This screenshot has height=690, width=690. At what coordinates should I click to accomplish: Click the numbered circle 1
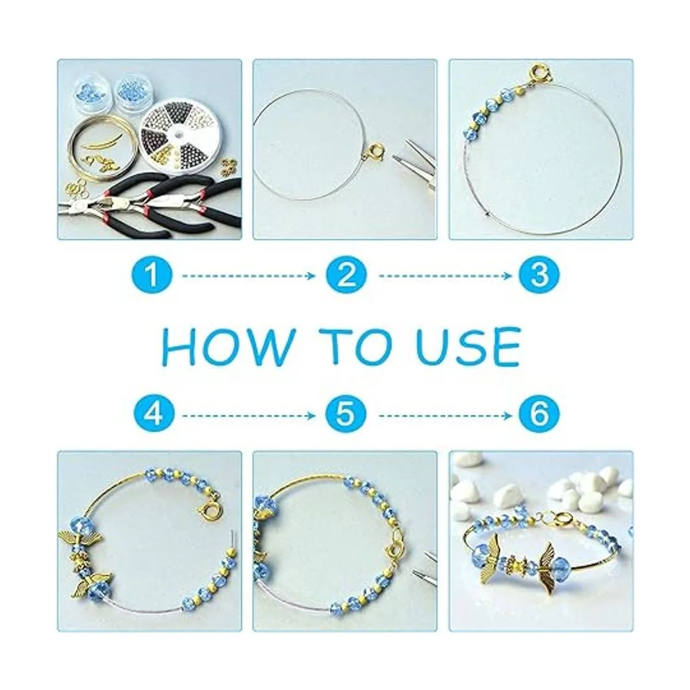pos(151,276)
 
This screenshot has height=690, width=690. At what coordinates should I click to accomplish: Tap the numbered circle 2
pos(346,276)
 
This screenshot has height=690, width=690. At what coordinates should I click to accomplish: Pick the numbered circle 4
pos(151,415)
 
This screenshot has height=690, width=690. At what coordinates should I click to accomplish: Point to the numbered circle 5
pos(346,415)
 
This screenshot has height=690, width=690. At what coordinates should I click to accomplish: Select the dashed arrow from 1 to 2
pos(249,276)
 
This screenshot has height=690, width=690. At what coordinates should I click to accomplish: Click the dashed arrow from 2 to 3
pos(445,276)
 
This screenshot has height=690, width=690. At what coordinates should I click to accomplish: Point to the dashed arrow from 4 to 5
pos(249,415)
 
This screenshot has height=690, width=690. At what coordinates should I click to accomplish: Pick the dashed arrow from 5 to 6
pos(445,415)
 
